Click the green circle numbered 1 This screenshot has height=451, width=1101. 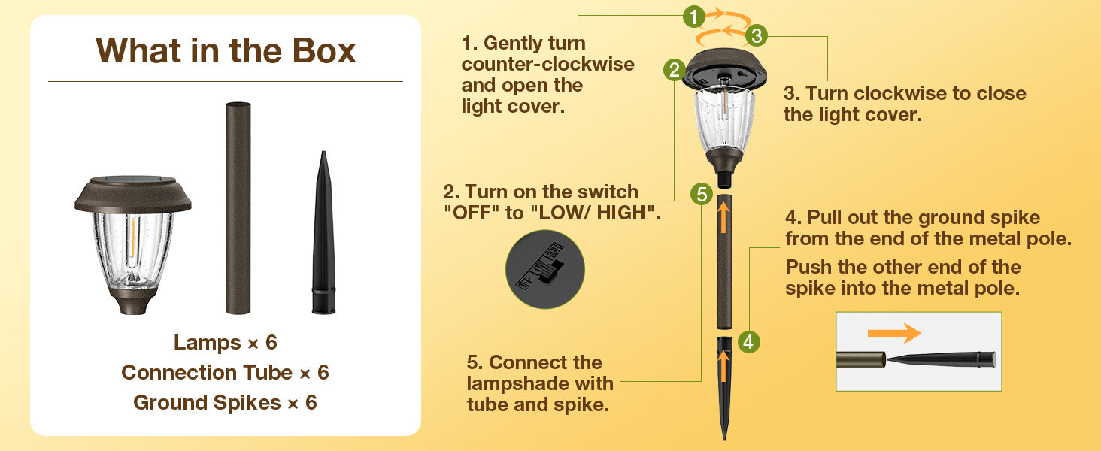pyautogui.click(x=693, y=17)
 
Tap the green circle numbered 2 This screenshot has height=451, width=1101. pyautogui.click(x=675, y=70)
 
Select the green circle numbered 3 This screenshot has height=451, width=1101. pyautogui.click(x=757, y=35)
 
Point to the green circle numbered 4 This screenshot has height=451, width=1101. pyautogui.click(x=748, y=341)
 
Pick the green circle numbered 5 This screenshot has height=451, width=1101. pyautogui.click(x=702, y=195)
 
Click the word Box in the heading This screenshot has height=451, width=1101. pyautogui.click(x=324, y=50)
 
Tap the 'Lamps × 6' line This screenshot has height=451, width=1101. pyautogui.click(x=226, y=343)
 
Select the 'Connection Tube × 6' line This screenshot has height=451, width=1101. pyautogui.click(x=225, y=372)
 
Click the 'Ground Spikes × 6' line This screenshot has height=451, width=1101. pyautogui.click(x=225, y=403)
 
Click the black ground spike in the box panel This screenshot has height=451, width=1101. pyautogui.click(x=323, y=233)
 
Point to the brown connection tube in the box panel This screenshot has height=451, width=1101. pyautogui.click(x=238, y=207)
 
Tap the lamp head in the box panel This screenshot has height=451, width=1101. pyautogui.click(x=132, y=244)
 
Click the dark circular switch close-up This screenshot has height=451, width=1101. pyautogui.click(x=545, y=269)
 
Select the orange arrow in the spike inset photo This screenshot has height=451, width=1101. pyautogui.click(x=894, y=333)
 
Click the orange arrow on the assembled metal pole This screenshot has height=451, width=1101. pyautogui.click(x=723, y=216)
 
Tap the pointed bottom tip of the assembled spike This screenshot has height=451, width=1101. pyautogui.click(x=724, y=439)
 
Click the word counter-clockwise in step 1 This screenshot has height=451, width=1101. pyautogui.click(x=548, y=65)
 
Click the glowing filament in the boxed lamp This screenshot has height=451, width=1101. pyautogui.click(x=132, y=241)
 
